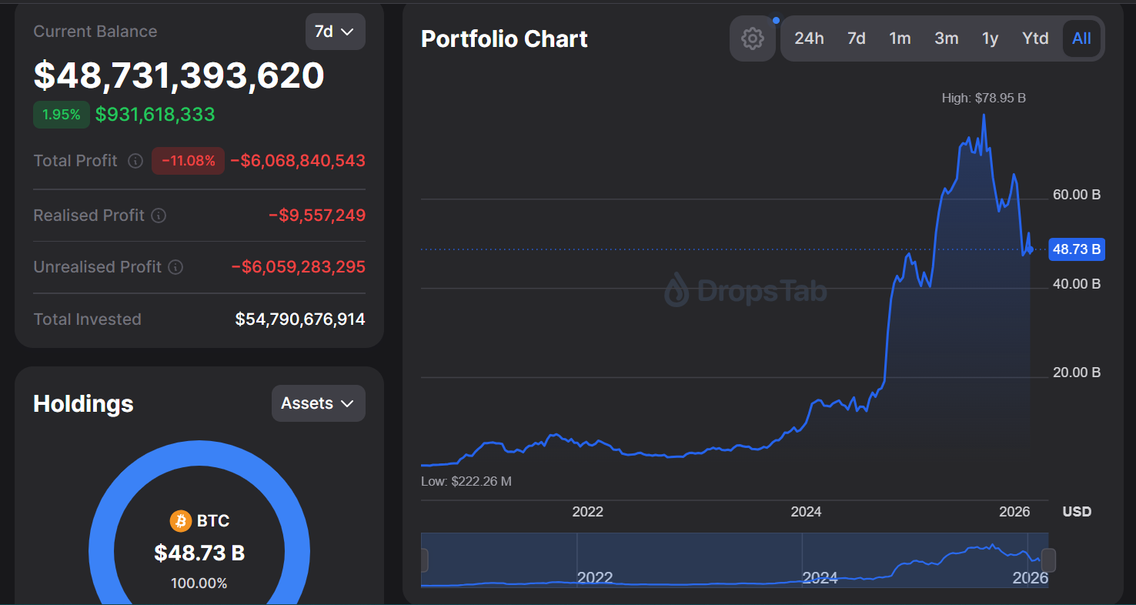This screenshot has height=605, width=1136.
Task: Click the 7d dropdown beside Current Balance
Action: pyautogui.click(x=335, y=32)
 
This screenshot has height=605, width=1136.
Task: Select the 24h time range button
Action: pyautogui.click(x=809, y=38)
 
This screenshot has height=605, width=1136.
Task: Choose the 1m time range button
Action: pyautogui.click(x=900, y=38)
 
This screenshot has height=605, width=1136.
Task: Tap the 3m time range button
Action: pyautogui.click(x=946, y=38)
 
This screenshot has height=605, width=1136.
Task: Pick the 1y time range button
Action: pyautogui.click(x=990, y=38)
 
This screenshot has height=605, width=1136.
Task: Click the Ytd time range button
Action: pyautogui.click(x=1035, y=38)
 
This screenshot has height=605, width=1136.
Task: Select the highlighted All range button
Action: pyautogui.click(x=1081, y=38)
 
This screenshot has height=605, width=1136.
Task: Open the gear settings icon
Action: pyautogui.click(x=752, y=38)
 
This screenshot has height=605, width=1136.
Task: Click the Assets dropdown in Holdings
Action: pyautogui.click(x=318, y=403)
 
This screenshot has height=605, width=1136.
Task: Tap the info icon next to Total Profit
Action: pyautogui.click(x=135, y=161)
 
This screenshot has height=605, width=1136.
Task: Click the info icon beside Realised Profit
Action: pyautogui.click(x=159, y=216)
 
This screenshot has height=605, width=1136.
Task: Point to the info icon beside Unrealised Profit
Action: pyautogui.click(x=175, y=267)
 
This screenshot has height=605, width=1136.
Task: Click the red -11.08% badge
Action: pyautogui.click(x=188, y=161)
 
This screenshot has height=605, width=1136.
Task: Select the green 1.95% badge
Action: pyautogui.click(x=62, y=115)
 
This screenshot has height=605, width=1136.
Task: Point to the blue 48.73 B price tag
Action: pyautogui.click(x=1076, y=249)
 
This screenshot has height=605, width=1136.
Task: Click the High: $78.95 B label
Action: pyautogui.click(x=984, y=98)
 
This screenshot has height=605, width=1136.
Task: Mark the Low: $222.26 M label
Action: pyautogui.click(x=466, y=481)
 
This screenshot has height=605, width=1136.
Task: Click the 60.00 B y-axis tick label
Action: pyautogui.click(x=1076, y=195)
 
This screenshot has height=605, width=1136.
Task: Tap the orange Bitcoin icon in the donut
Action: pyautogui.click(x=180, y=521)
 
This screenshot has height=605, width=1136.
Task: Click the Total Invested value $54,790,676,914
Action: pyautogui.click(x=300, y=319)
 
